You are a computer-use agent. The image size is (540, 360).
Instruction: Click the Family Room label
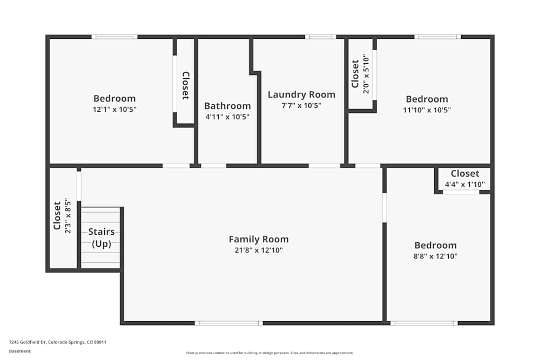point(259,239)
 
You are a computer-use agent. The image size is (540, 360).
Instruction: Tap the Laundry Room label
point(301,94)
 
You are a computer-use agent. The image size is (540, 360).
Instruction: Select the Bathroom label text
point(227,106)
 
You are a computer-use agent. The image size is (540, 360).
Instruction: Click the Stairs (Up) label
point(102,237)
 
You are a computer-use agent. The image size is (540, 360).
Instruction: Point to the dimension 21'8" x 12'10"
point(259,250)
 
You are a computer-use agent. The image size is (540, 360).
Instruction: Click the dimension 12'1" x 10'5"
point(114,109)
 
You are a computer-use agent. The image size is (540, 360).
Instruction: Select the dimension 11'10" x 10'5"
point(427,110)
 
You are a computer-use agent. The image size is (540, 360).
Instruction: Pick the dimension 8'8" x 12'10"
point(435,256)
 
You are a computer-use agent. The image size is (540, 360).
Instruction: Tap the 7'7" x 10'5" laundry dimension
point(301,106)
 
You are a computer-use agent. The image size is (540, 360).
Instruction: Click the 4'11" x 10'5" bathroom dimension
point(227,117)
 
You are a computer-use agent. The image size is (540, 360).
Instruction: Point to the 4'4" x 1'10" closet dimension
point(465,184)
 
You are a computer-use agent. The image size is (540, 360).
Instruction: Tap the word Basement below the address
point(20,351)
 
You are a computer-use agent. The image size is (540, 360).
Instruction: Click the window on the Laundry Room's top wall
point(321,37)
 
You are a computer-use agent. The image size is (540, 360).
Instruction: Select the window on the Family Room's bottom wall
point(229,323)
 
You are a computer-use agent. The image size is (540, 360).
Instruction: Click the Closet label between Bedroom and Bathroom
point(185,86)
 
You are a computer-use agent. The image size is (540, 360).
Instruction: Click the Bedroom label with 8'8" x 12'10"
point(435,245)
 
